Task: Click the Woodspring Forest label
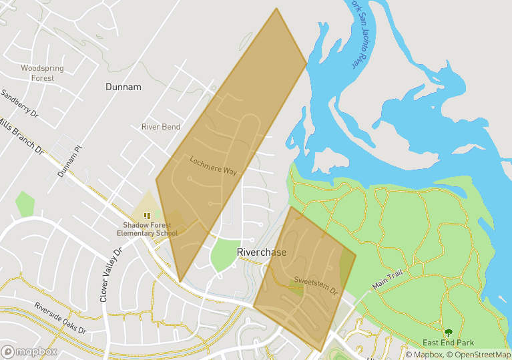point(37,73)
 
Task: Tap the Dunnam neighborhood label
point(123,87)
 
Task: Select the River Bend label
point(161,127)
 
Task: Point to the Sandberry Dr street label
point(19,106)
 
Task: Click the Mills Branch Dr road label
point(20,137)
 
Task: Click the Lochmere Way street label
point(213,166)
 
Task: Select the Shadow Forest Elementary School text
point(147,229)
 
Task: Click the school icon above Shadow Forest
point(147,216)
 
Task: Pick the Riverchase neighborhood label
point(262,252)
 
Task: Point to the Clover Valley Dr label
point(111,275)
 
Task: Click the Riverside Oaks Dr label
point(59,317)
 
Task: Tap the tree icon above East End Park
point(448,332)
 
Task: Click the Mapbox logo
point(29,351)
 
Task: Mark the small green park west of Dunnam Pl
point(25,204)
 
